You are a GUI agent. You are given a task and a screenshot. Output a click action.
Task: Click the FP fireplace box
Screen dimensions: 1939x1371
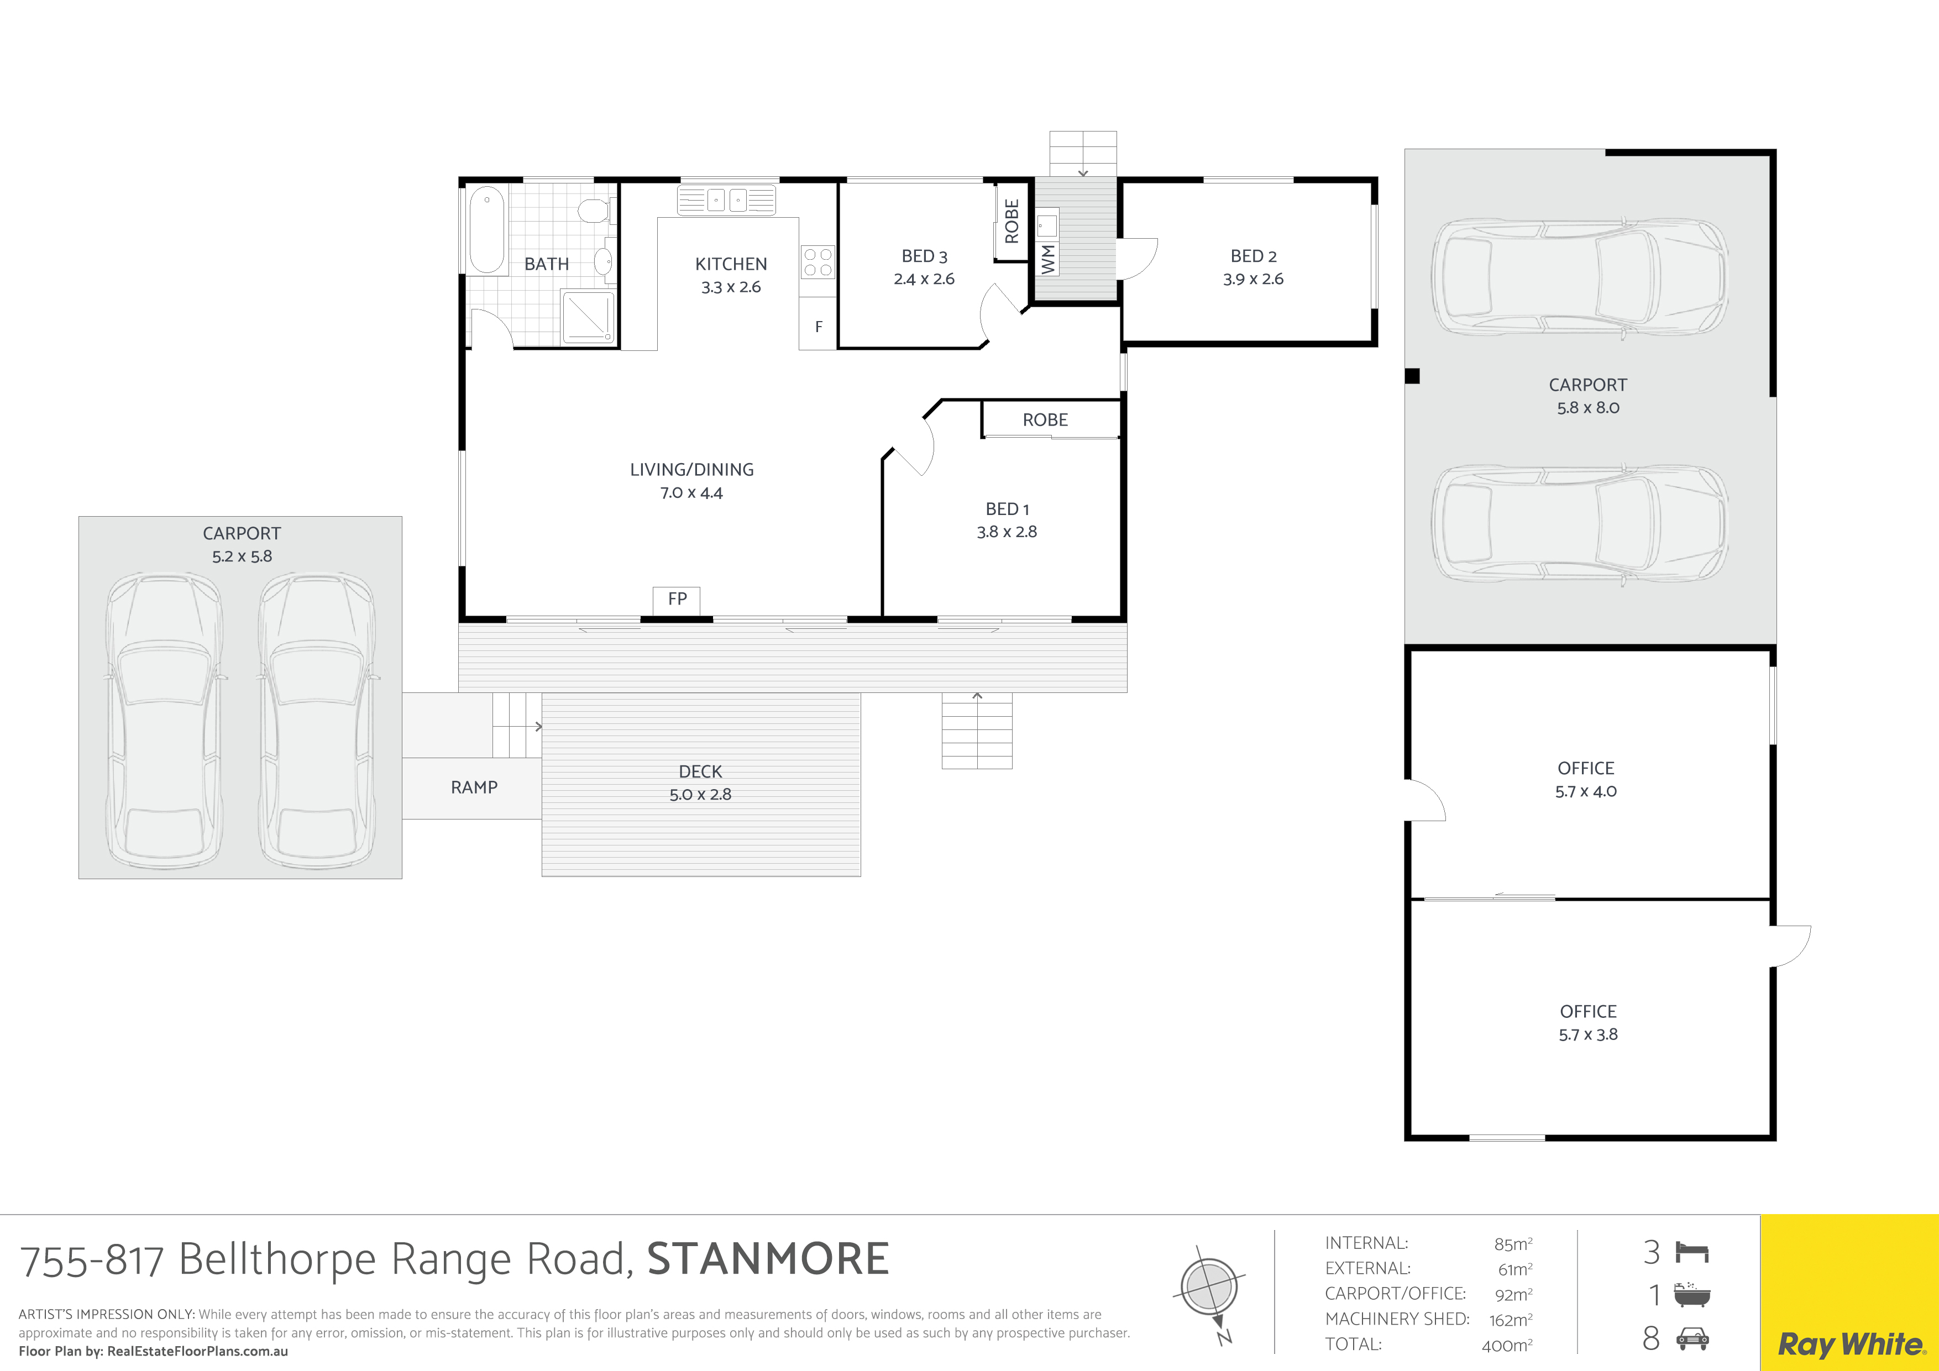(x=677, y=600)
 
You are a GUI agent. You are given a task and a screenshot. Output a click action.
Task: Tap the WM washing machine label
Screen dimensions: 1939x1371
(x=1048, y=258)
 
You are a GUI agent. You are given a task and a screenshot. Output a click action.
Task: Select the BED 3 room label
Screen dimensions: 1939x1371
(x=924, y=256)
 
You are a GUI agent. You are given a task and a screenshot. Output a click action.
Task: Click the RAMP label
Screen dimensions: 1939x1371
(x=474, y=787)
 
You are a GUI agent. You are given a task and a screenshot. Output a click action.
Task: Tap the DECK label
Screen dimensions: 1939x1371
(x=700, y=771)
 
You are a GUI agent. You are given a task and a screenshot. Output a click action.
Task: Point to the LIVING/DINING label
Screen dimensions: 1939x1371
(x=691, y=469)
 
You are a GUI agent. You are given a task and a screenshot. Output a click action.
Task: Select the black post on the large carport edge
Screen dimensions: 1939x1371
(x=1412, y=376)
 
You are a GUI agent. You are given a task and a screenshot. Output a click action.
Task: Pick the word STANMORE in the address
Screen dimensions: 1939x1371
(x=768, y=1259)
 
